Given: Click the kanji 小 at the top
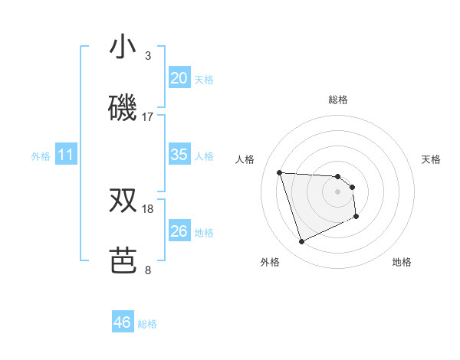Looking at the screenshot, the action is [x=123, y=47].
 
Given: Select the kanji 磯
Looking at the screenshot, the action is [x=123, y=109].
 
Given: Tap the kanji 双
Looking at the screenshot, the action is [x=123, y=201].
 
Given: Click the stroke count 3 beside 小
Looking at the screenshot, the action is [x=148, y=56].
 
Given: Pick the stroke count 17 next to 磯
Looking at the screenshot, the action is [x=148, y=117].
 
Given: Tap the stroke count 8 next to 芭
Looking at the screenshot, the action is [x=148, y=270].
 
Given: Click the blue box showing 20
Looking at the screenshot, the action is [x=179, y=78].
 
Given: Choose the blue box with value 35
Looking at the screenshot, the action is [x=179, y=155].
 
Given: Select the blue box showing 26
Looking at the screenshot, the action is [x=179, y=231].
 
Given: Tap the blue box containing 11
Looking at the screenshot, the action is [x=66, y=155].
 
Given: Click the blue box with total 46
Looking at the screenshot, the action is [x=123, y=322].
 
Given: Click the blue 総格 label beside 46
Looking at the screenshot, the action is [x=147, y=324].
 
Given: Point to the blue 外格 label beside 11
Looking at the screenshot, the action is [x=41, y=156].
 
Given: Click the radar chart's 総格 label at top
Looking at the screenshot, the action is [x=338, y=100].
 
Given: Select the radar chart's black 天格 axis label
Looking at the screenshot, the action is [x=431, y=159].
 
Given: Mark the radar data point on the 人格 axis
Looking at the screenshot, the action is [x=280, y=172].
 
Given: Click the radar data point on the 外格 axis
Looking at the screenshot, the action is [x=302, y=242].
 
